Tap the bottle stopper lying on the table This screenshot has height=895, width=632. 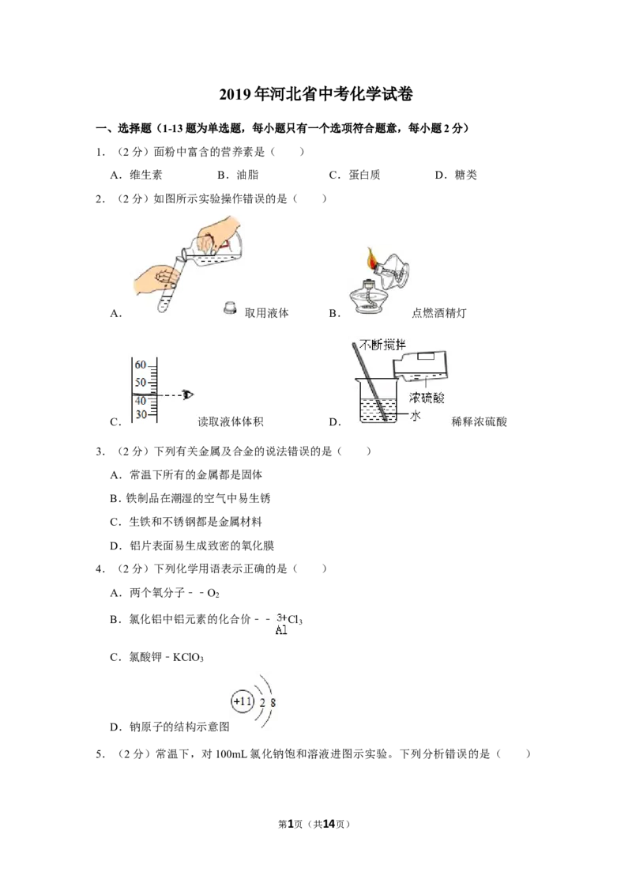tap(229, 308)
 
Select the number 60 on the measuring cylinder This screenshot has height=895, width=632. tap(141, 365)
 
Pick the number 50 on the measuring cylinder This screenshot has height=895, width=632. tap(141, 383)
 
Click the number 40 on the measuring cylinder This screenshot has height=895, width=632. tap(141, 400)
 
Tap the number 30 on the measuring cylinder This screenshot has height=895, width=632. tap(141, 415)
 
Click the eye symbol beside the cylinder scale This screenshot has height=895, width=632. tap(187, 394)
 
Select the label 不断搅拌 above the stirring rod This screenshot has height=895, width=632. tap(382, 345)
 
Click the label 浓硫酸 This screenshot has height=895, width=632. tap(427, 398)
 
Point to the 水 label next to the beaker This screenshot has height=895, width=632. tap(415, 415)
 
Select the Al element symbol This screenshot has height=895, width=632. tap(281, 631)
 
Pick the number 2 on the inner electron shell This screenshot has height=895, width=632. tap(262, 703)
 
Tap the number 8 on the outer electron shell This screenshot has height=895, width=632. tap(273, 703)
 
